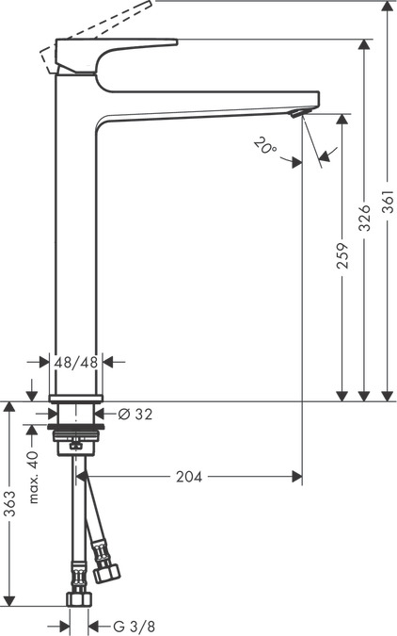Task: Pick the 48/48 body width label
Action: [75, 361]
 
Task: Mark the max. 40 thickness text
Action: [33, 476]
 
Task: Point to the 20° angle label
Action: [265, 146]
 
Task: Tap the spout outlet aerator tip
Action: [298, 113]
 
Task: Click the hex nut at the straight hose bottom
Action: [79, 599]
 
